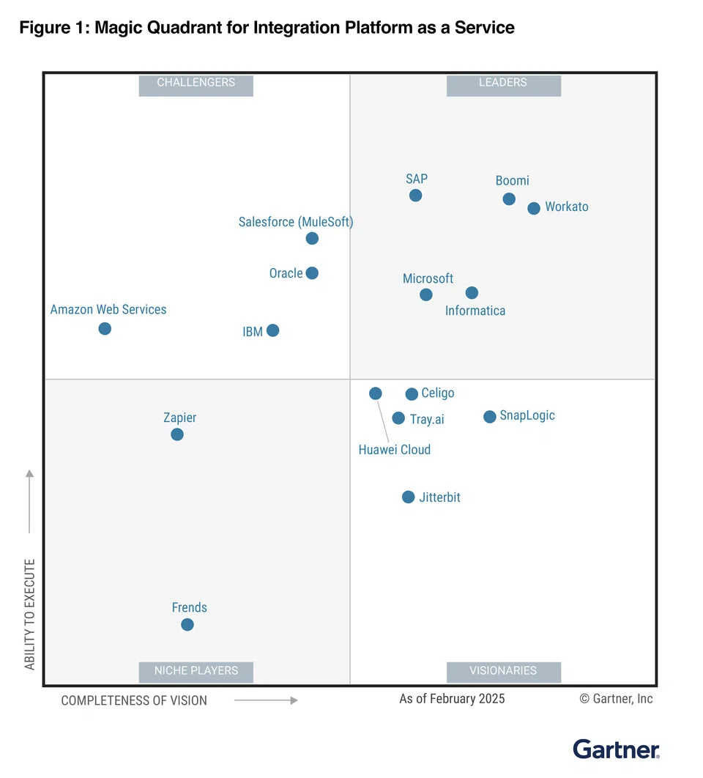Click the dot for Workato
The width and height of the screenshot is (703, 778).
(534, 208)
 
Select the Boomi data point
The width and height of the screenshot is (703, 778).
(509, 199)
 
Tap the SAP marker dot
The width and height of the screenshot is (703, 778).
(415, 195)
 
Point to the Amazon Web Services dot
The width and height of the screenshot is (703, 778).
(105, 328)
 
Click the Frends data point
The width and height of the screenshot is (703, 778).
(187, 624)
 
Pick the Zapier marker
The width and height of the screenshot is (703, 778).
(176, 434)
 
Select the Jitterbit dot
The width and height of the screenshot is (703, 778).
(408, 497)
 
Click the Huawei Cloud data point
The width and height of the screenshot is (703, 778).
(375, 393)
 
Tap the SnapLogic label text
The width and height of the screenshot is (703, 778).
(527, 415)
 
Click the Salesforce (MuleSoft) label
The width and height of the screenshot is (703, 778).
(296, 222)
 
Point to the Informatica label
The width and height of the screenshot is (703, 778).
(475, 311)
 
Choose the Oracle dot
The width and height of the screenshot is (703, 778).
(312, 273)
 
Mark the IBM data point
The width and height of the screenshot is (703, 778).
(272, 330)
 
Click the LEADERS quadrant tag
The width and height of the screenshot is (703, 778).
(503, 83)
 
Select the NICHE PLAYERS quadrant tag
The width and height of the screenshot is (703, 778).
(196, 670)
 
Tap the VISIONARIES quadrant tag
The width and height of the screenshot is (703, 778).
(503, 670)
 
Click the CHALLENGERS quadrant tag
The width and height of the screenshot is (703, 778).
(196, 83)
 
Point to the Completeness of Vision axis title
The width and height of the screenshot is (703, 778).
(134, 700)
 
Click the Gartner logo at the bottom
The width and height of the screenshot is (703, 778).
(616, 749)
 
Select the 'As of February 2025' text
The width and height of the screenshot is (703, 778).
(452, 699)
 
